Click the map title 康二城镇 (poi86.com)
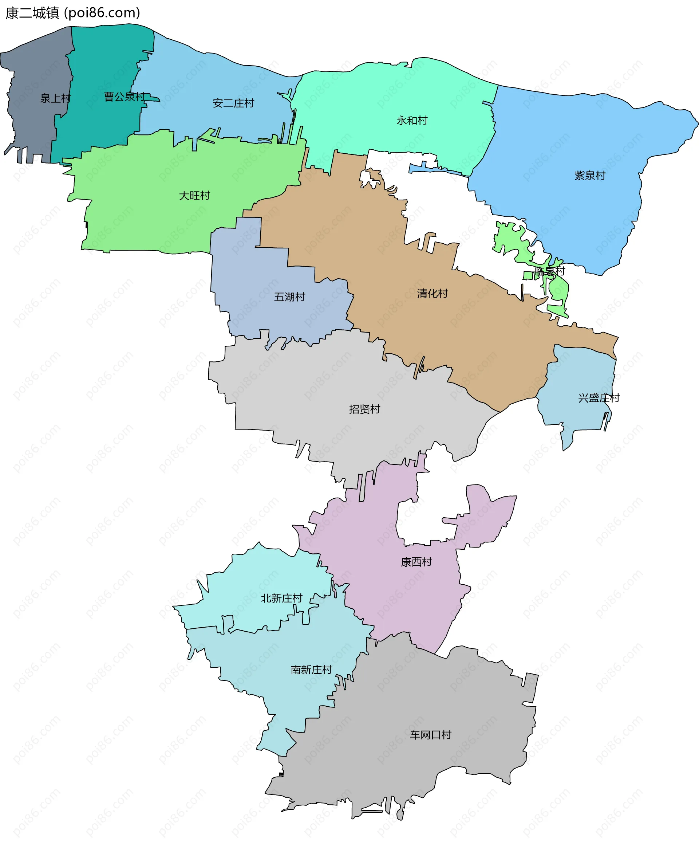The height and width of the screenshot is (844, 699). pyautogui.click(x=73, y=13)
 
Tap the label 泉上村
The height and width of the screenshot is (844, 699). pyautogui.click(x=55, y=98)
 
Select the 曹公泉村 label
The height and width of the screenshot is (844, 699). pyautogui.click(x=125, y=97)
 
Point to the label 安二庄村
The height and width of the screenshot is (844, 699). pyautogui.click(x=233, y=103)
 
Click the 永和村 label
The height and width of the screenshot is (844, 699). pyautogui.click(x=412, y=121)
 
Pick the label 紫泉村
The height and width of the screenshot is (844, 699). pyautogui.click(x=590, y=176)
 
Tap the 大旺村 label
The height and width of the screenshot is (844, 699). pyautogui.click(x=194, y=196)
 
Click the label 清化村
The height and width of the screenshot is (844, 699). pyautogui.click(x=432, y=294)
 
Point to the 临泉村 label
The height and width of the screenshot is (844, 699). pyautogui.click(x=550, y=271)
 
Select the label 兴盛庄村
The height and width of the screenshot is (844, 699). pyautogui.click(x=599, y=398)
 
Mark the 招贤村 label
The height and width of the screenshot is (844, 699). pyautogui.click(x=364, y=409)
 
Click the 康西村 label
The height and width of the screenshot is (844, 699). pyautogui.click(x=416, y=562)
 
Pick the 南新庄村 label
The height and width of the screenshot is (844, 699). pyautogui.click(x=311, y=670)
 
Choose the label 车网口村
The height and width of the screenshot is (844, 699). pyautogui.click(x=431, y=735)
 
